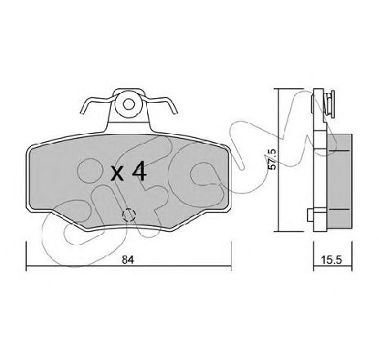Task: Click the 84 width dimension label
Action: tap(127, 260)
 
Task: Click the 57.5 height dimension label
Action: tap(272, 159)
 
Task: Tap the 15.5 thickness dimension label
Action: tap(332, 260)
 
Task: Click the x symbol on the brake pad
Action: tap(118, 174)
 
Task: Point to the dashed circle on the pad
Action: tap(129, 216)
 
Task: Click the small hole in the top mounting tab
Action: tap(128, 104)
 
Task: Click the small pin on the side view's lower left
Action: tap(310, 216)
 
